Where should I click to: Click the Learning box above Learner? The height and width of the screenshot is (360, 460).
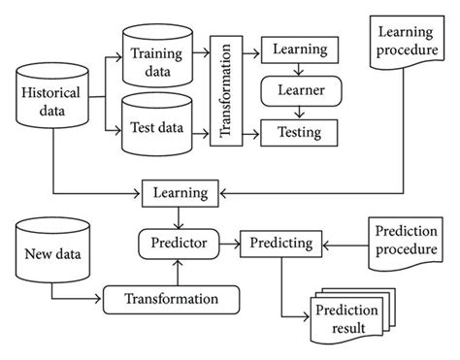(299, 47)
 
